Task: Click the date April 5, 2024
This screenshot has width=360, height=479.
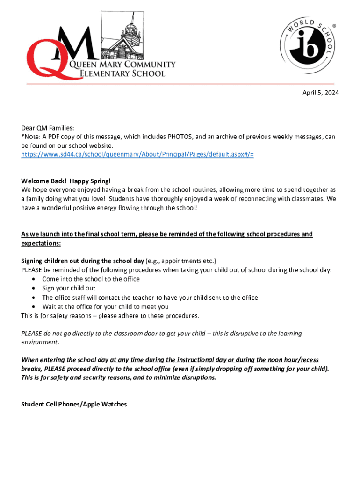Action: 320,93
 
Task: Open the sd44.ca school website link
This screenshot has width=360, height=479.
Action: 137,154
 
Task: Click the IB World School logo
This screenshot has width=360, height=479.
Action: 308,47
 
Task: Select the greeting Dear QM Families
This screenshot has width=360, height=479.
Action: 48,128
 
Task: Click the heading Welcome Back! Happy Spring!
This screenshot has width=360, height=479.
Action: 66,181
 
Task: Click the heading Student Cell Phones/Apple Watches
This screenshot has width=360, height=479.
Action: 74,404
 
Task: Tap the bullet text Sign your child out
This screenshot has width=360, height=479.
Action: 69,288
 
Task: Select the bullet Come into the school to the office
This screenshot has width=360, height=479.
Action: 91,279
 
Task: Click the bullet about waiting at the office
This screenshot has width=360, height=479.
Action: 105,306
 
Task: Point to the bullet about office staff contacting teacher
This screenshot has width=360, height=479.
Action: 150,298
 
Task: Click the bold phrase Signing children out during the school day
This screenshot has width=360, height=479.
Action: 82,261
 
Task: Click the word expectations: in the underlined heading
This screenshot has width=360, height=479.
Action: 41,243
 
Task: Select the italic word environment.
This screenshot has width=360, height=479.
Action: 40,342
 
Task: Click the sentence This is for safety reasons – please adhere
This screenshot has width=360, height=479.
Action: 110,315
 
